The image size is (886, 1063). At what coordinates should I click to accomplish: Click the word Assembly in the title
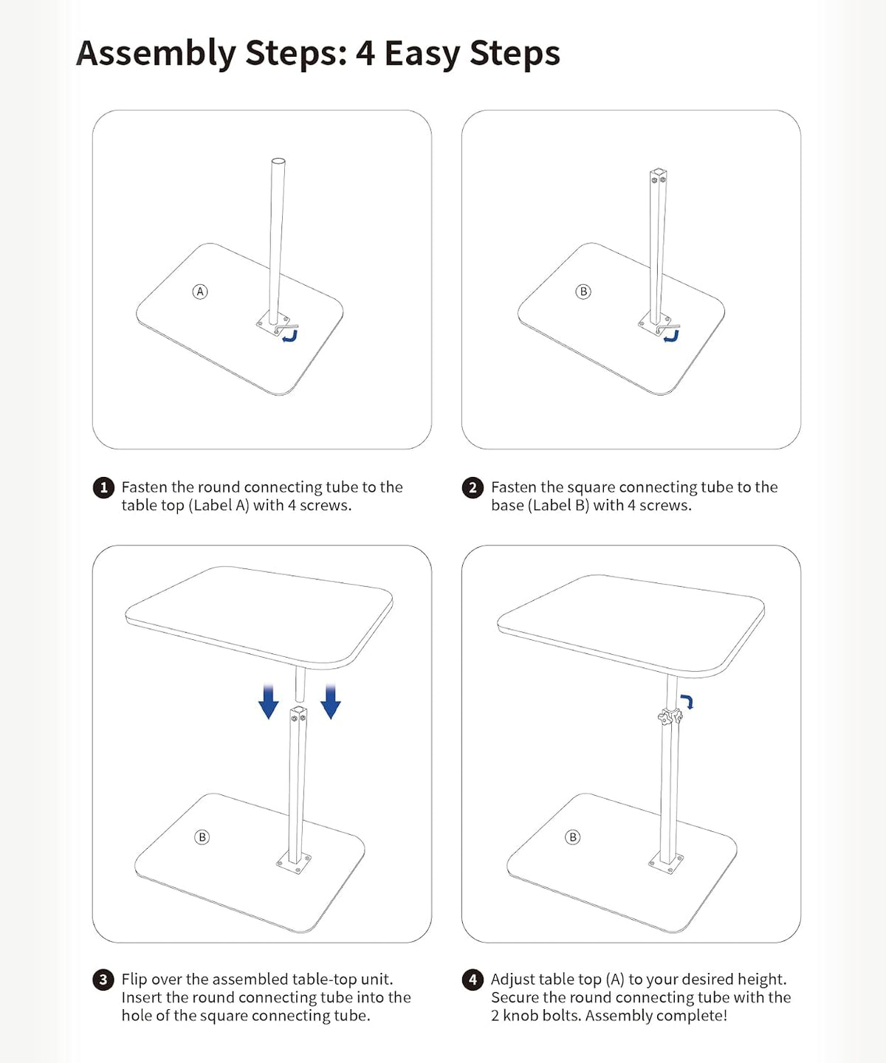[156, 53]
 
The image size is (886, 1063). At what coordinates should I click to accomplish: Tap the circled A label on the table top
[200, 292]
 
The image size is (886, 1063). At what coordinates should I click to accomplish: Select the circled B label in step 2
[583, 292]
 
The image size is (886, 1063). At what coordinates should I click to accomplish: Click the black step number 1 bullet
[103, 488]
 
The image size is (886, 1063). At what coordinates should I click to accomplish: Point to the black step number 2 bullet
[473, 488]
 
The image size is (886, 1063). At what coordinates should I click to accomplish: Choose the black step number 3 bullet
[103, 980]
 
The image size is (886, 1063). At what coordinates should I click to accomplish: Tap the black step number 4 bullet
[473, 980]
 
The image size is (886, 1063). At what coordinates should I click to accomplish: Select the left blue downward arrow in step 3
[268, 701]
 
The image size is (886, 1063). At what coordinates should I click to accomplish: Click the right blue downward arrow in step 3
[331, 701]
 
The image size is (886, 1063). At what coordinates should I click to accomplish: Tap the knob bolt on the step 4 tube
[670, 717]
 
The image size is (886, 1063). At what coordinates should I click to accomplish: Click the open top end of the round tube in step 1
[278, 162]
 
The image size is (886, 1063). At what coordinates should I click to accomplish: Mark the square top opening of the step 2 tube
[659, 172]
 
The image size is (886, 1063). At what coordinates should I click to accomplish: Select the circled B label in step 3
[202, 837]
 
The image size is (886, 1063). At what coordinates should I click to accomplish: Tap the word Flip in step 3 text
[134, 980]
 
